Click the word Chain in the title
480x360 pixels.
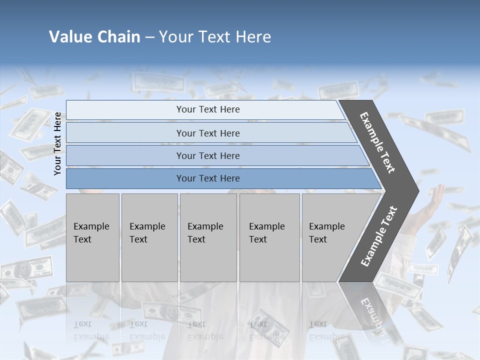[119, 37]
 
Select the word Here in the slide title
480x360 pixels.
[253, 37]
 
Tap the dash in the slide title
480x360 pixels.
[149, 37]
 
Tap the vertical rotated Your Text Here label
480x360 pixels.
[57, 143]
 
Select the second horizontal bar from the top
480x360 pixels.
[207, 133]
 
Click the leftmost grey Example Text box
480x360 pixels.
[92, 237]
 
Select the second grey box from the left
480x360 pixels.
[149, 237]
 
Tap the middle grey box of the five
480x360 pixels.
[208, 237]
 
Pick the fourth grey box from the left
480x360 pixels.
[269, 237]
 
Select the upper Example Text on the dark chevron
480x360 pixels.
[377, 143]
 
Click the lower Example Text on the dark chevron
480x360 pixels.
[378, 236]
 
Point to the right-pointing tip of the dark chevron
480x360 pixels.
[416, 190]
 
